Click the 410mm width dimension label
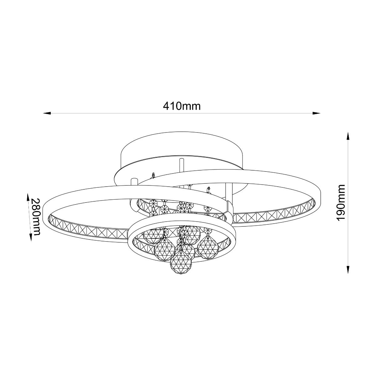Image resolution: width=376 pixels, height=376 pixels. tap(182, 106)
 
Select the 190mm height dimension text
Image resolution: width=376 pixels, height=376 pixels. tap(341, 202)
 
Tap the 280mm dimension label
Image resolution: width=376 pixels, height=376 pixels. tap(36, 217)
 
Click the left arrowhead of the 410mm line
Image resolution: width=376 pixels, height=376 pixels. tap(47, 113)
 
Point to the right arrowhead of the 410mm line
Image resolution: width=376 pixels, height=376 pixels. tap(316, 113)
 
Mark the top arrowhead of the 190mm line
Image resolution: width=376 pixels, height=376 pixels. tap(347, 136)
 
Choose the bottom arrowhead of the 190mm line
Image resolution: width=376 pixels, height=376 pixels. tap(347, 270)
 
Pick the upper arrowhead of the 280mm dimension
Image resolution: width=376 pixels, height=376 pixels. tap(28, 197)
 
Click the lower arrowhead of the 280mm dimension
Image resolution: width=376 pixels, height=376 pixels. tap(31, 237)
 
